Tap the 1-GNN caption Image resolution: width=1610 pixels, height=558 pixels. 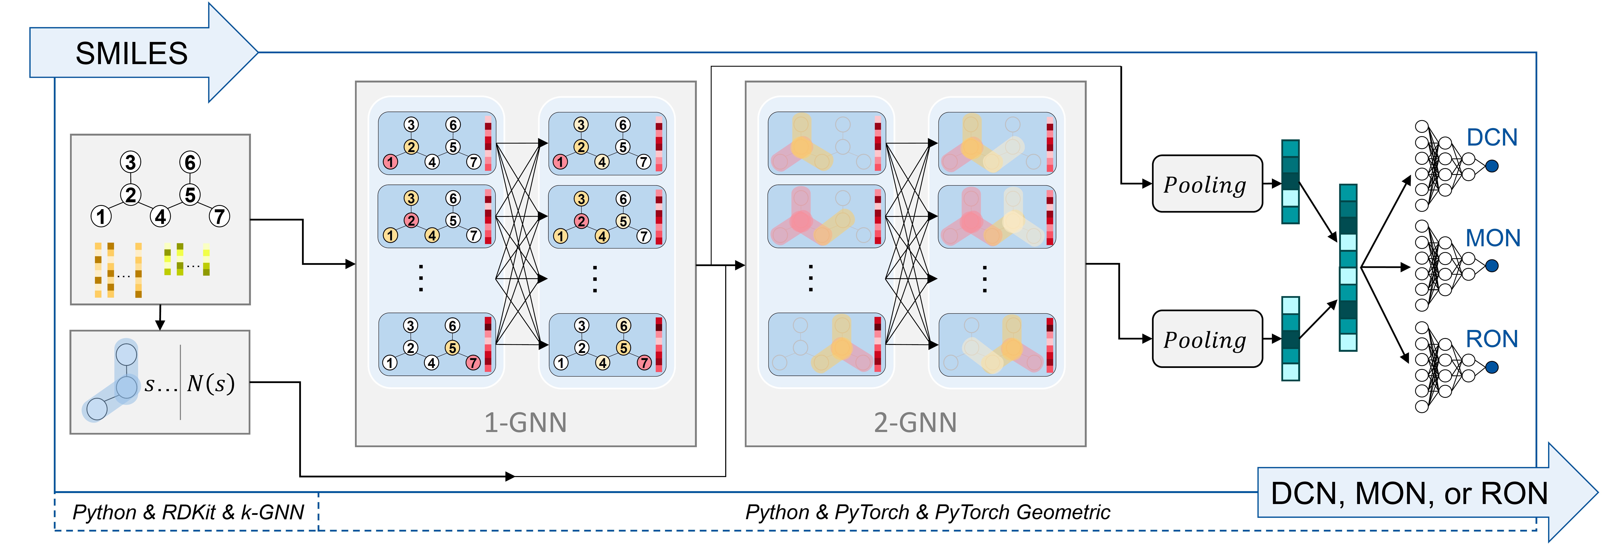526,422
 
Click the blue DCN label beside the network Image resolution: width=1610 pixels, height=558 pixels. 1492,137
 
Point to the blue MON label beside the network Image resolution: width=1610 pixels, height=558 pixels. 1493,238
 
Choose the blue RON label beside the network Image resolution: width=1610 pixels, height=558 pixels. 1492,339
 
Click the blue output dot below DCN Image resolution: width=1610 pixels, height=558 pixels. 1492,166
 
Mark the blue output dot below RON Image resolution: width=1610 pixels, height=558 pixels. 1492,367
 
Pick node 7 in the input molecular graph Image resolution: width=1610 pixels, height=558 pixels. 219,217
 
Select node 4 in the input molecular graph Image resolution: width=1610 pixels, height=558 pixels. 161,217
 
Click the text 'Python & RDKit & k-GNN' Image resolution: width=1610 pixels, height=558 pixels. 188,512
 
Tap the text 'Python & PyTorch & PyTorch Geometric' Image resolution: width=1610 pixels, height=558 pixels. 927,512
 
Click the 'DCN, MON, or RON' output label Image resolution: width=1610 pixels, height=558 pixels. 1409,494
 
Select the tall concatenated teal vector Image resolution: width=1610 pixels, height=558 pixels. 1348,267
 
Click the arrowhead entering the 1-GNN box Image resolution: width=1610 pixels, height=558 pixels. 351,264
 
